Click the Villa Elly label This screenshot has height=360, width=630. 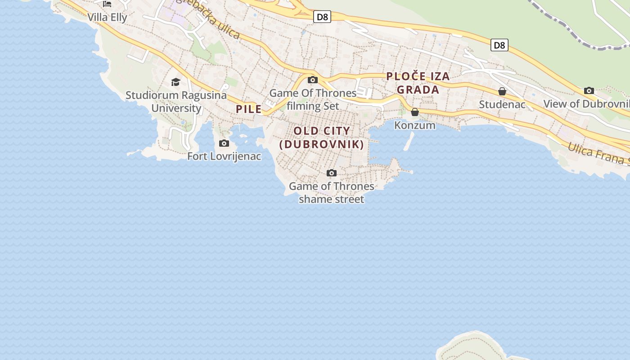tap(107, 18)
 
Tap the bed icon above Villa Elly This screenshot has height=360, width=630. tap(107, 4)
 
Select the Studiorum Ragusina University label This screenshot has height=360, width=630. tap(176, 102)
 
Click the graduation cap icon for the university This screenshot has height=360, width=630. tap(175, 82)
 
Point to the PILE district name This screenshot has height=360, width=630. tap(249, 109)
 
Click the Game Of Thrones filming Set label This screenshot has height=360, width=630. tap(313, 99)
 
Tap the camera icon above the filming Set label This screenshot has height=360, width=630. tap(313, 80)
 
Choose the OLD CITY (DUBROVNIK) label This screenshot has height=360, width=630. tap(322, 138)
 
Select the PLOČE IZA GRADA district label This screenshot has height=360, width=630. tap(418, 83)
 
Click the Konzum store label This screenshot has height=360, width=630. tap(415, 125)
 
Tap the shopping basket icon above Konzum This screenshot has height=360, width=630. tap(415, 112)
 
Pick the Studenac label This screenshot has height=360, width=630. tap(502, 104)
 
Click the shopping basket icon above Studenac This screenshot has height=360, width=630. tap(502, 92)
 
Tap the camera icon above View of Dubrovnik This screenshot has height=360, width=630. tap(589, 91)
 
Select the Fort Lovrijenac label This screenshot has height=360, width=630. tap(224, 157)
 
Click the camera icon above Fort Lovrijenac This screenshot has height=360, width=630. tap(224, 144)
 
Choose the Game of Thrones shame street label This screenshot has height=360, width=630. tap(332, 193)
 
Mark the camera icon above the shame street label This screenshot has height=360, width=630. tap(332, 173)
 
